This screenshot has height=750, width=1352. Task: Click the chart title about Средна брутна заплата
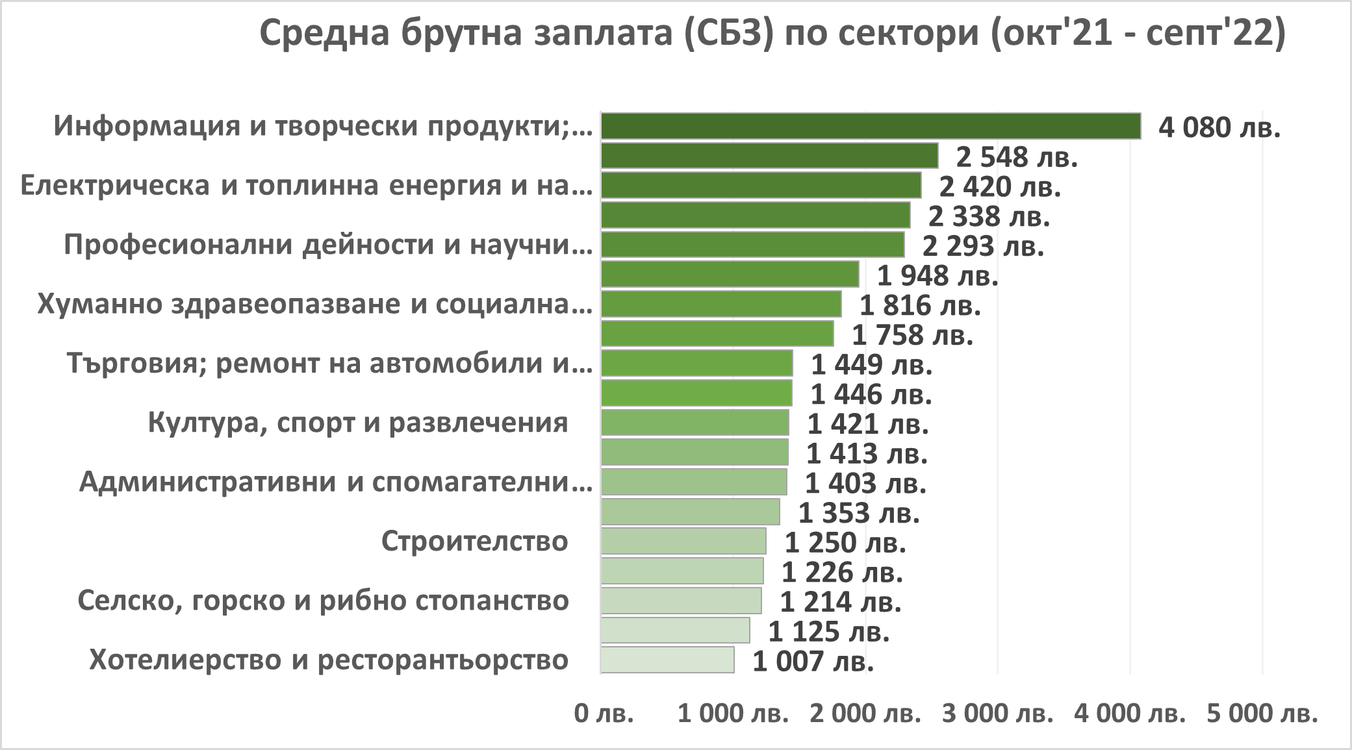(772, 34)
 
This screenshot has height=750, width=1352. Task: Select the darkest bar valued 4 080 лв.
(871, 126)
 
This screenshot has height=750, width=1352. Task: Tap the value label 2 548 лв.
(1017, 157)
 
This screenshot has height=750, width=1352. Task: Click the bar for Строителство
(683, 541)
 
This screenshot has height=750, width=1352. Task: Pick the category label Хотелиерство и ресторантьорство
(329, 660)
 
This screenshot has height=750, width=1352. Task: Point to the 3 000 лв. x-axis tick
(997, 714)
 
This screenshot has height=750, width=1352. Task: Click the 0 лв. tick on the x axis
(604, 714)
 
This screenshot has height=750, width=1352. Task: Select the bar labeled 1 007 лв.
(667, 660)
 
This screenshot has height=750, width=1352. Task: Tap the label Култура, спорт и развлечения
(358, 423)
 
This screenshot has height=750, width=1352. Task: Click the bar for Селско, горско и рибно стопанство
(681, 601)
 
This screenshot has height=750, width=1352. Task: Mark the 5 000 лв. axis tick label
(1262, 714)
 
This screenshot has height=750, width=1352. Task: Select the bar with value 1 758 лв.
(717, 334)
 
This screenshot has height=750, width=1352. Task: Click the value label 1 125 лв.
(828, 631)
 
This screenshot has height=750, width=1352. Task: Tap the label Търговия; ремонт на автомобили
(329, 364)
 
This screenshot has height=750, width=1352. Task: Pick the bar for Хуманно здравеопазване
(721, 304)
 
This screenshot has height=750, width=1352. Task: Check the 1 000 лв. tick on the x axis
(733, 714)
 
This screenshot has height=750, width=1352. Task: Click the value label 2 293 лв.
(983, 246)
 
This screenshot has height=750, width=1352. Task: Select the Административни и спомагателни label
(335, 482)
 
